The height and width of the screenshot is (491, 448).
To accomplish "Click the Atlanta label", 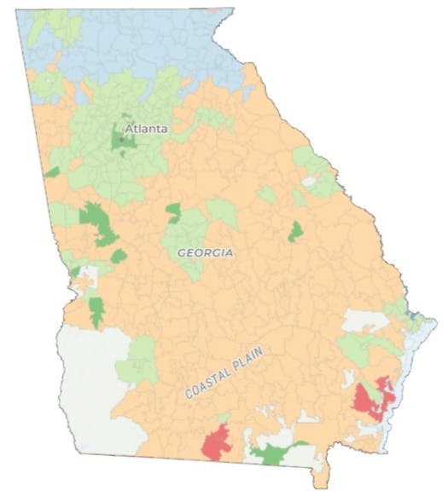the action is (147, 129).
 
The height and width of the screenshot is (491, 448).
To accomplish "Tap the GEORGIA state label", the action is (205, 253).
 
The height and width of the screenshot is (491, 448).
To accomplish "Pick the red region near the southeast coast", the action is (370, 398).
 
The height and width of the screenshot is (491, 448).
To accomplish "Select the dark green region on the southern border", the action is (275, 452).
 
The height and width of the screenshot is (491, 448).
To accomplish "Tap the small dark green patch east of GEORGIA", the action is (295, 231).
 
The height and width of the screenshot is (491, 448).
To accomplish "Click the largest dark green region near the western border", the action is (98, 224).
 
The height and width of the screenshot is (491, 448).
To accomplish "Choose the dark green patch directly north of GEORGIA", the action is (174, 212).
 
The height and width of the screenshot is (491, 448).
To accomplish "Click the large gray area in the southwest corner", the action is (90, 392).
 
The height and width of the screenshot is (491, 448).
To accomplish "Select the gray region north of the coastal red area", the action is (367, 322).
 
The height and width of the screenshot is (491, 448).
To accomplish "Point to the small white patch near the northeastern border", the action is (309, 181).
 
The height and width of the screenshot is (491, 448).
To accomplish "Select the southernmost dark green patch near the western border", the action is (96, 311).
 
